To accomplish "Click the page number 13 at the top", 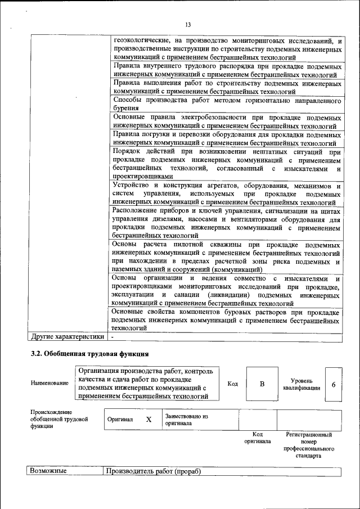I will pyautogui.click(x=188, y=24).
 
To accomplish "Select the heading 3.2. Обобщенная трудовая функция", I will pyautogui.click(x=89, y=354).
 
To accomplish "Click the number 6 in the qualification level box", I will pyautogui.click(x=334, y=384).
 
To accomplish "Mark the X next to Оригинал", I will pyautogui.click(x=148, y=420).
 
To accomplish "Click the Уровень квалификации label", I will pyautogui.click(x=302, y=384).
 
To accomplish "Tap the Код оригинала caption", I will pyautogui.click(x=258, y=438).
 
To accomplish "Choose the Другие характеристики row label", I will pyautogui.click(x=67, y=337).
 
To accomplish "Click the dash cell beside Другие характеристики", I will pyautogui.click(x=113, y=337).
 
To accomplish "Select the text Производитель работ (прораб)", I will pyautogui.click(x=153, y=471).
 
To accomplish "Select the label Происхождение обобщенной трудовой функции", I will pyautogui.click(x=59, y=420).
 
